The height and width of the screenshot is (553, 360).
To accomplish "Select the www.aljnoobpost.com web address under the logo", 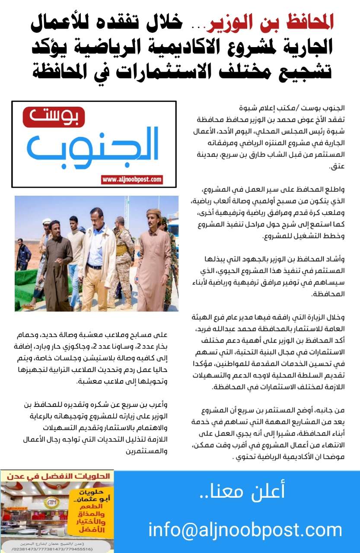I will pos(132,179).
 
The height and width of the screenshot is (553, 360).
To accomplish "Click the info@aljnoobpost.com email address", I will pos(245,529).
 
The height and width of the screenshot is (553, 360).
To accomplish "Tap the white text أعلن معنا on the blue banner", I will pos(242,492).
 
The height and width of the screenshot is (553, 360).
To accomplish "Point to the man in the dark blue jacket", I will pos(23,255).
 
